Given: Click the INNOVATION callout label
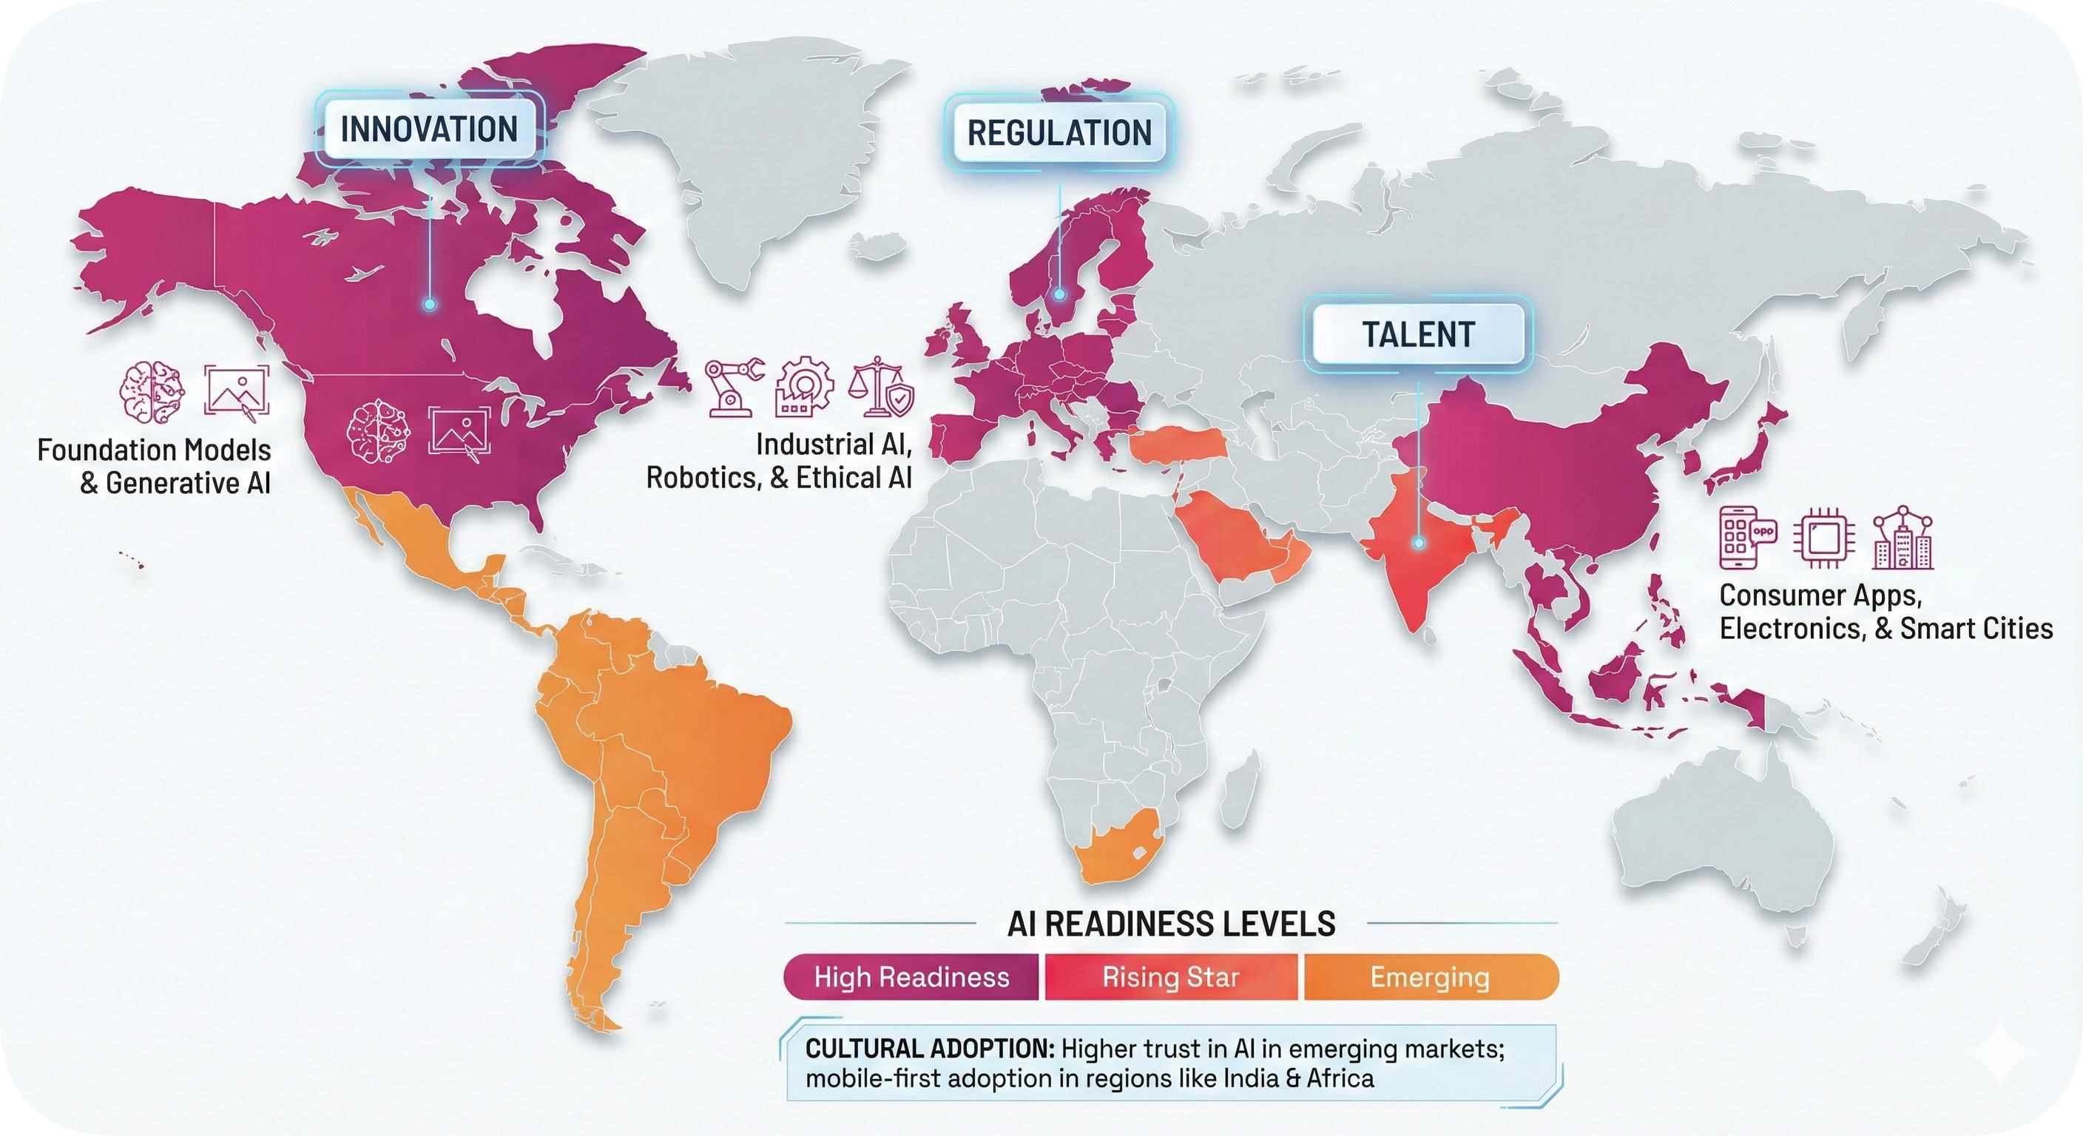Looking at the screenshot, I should coord(428,129).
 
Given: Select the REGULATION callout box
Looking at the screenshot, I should coord(1059,132).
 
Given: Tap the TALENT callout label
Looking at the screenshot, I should coord(1418,334).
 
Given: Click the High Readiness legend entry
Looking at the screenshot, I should coord(911,978).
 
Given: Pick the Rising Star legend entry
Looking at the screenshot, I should coord(1170,978).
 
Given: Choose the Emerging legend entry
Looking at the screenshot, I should coord(1429,978).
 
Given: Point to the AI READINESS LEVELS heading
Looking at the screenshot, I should coord(1170,923).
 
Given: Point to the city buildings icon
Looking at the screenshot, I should coord(1903,538).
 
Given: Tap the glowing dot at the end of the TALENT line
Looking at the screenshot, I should coord(1417,544).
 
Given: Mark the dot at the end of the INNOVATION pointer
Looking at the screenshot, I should coord(429,305).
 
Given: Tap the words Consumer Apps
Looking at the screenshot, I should coord(1820,595).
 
